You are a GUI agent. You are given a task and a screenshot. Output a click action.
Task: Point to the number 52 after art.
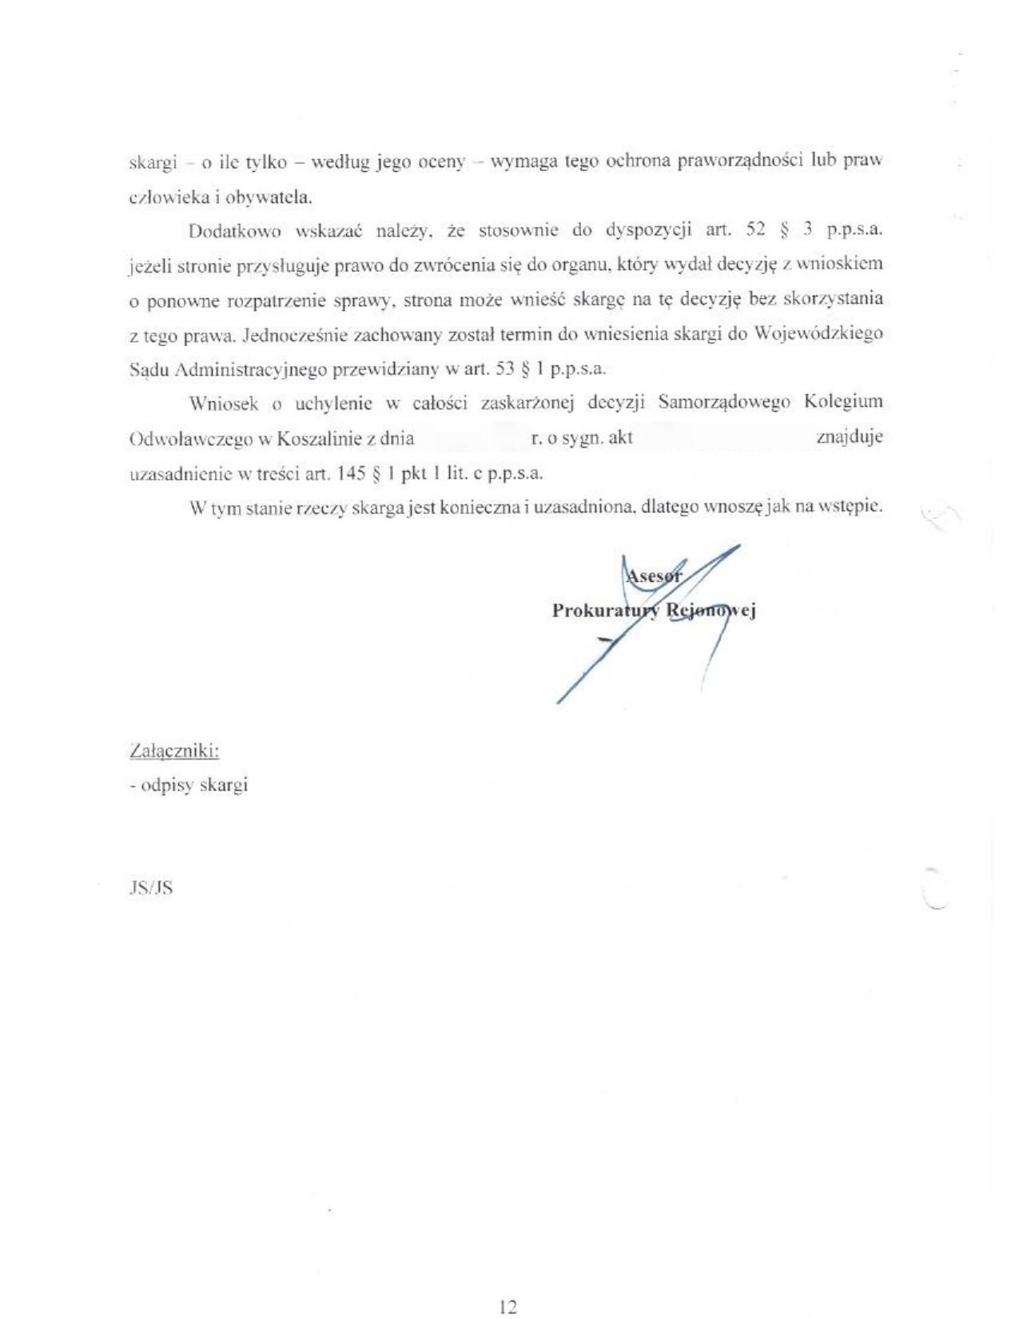[x=755, y=230]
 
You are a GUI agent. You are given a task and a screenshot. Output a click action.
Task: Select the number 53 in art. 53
[x=505, y=369]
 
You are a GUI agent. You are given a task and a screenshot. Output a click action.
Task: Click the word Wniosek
[x=224, y=404]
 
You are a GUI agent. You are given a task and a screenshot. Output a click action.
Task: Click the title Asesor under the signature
[x=653, y=576]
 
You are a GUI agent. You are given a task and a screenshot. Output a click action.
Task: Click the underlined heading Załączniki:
[x=174, y=751]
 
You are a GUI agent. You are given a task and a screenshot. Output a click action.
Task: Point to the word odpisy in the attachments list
[x=167, y=785]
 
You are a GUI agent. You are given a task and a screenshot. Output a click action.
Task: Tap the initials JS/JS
[x=151, y=887]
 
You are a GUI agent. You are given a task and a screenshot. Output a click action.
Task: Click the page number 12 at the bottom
[x=508, y=1306]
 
